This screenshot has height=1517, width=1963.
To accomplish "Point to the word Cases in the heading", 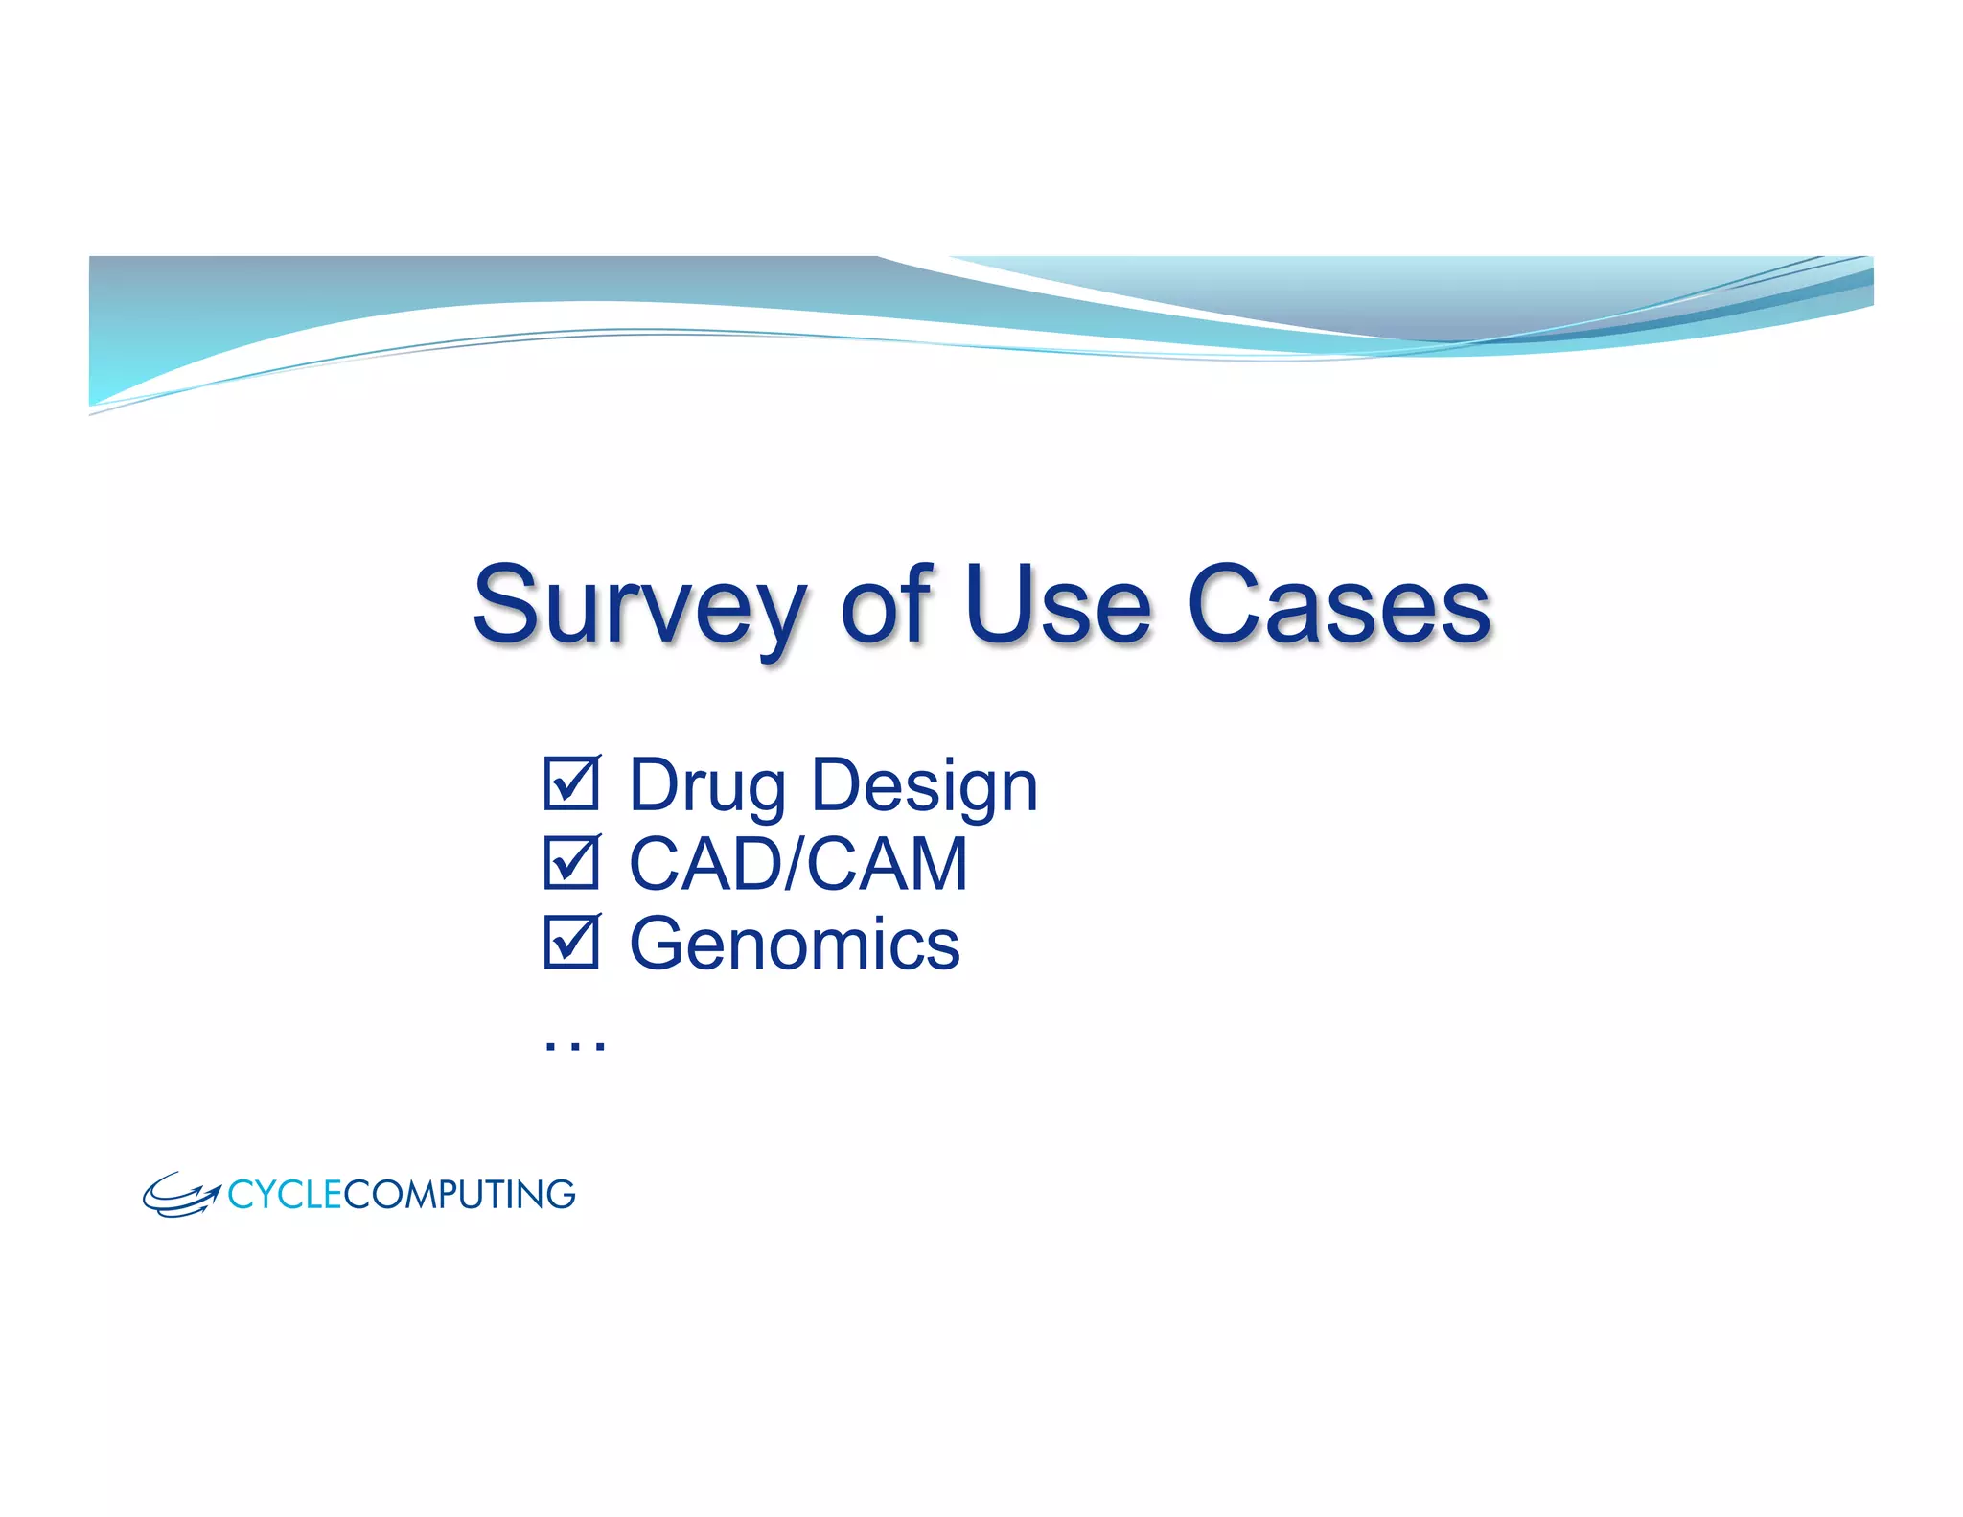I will pos(1339,606).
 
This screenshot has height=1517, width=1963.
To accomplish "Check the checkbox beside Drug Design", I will pos(571,783).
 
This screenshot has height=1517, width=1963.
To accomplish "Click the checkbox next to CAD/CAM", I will pos(571,862).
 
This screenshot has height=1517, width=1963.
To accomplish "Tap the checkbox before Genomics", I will pos(571,942).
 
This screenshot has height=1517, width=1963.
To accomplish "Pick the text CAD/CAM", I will pos(797,864).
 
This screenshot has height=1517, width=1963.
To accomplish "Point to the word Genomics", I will pos(794,944).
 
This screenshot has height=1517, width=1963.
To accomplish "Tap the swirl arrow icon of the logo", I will pos(180,1195).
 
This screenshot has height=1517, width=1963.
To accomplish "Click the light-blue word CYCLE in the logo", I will pos(285,1195).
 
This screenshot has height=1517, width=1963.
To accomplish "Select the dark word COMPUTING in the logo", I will pos(459,1195).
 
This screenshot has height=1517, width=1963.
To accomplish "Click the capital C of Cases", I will pos(1224,604).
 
